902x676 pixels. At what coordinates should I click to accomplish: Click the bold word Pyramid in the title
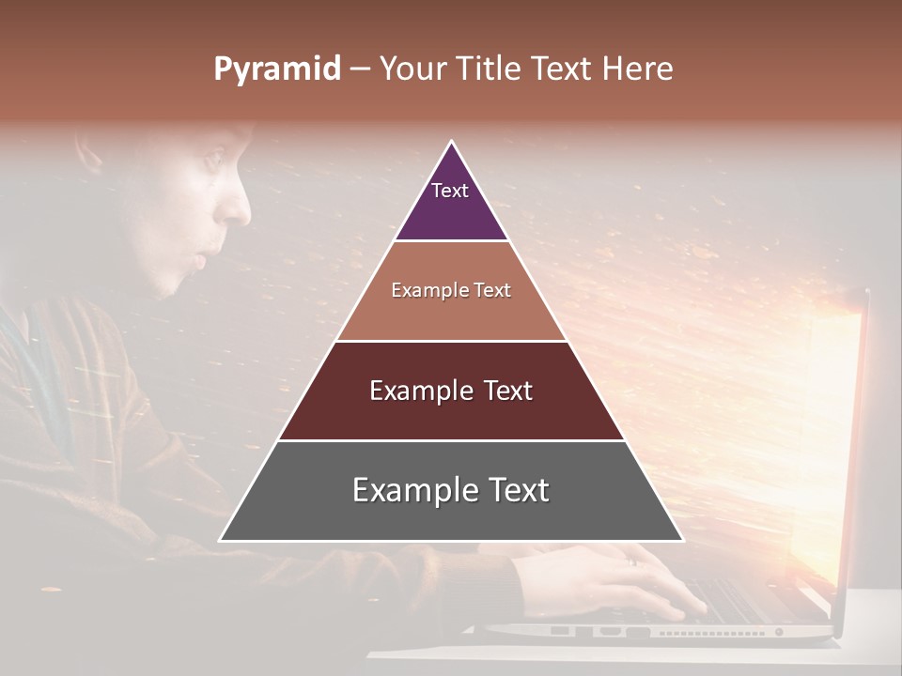tap(276, 70)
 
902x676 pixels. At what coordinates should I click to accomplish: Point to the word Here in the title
tap(637, 69)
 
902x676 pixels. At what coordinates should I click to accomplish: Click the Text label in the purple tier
tap(450, 191)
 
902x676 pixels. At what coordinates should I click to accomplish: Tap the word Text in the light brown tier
tap(492, 291)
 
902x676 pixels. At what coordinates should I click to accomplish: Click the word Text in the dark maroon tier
tap(508, 391)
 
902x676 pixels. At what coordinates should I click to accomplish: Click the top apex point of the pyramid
tap(452, 142)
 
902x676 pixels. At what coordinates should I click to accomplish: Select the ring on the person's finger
tap(630, 561)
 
